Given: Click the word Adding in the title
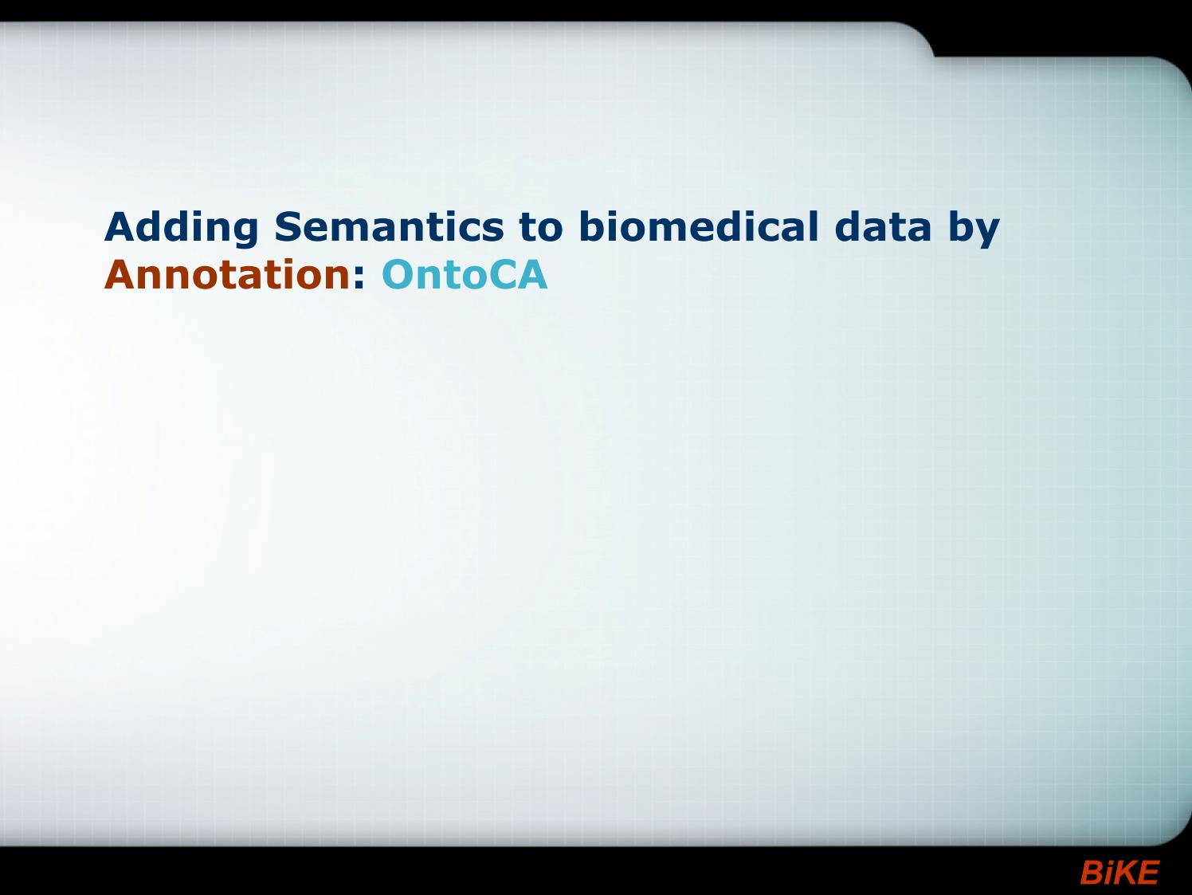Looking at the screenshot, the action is click(x=182, y=228).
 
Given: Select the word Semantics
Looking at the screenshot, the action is click(x=389, y=226).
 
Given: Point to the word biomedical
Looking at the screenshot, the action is click(x=698, y=226).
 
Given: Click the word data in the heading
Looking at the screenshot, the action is click(x=884, y=226).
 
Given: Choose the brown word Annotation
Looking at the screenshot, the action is click(x=228, y=274).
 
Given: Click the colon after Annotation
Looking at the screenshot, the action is click(x=359, y=278).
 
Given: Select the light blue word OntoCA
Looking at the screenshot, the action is click(x=465, y=274).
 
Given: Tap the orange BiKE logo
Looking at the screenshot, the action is click(x=1119, y=873).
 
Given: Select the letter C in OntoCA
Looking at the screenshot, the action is click(x=499, y=274).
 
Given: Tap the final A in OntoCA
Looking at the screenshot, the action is click(x=531, y=274).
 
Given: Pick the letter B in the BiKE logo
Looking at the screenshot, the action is click(x=1091, y=873).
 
